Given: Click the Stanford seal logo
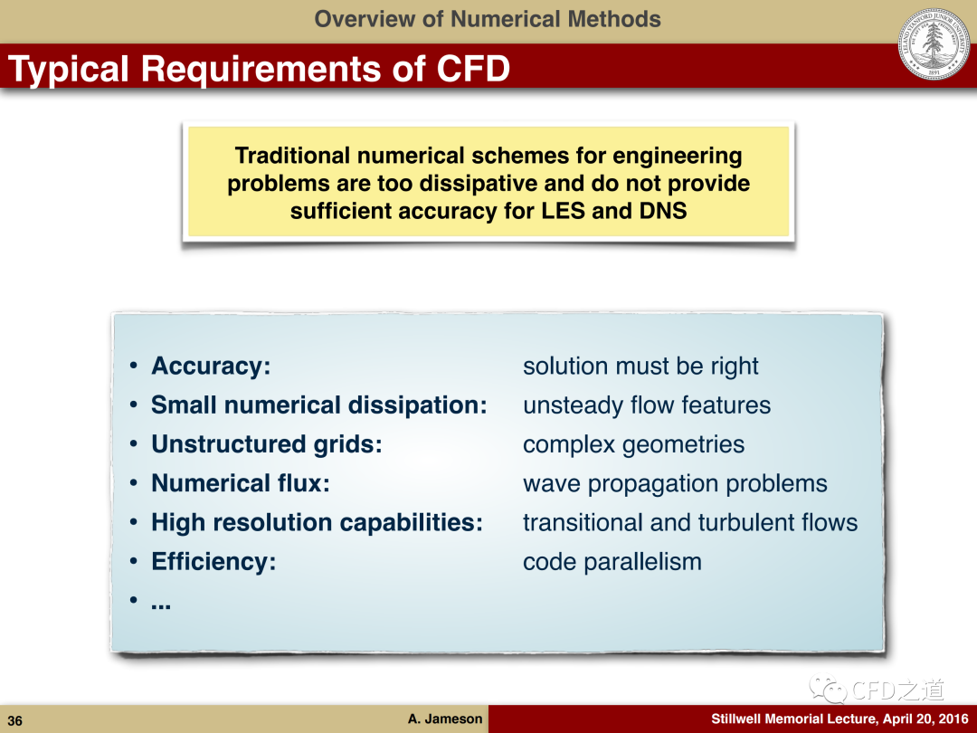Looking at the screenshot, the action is point(934,44).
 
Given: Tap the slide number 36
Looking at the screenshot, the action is point(15,721).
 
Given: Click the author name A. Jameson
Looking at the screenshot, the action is point(445,719).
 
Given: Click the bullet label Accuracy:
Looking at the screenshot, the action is point(211,366).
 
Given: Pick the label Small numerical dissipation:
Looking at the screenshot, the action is point(319,405).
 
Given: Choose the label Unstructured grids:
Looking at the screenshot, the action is point(267,444).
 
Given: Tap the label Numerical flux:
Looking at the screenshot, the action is point(241,483).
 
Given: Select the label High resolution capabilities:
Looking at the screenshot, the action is point(318,523).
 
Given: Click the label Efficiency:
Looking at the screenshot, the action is point(213,562).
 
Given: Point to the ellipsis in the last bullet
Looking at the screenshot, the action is point(161,604).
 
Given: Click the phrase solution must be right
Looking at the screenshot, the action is point(640,366).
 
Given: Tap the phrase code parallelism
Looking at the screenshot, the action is point(612,562).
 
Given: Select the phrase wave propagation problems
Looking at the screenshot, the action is point(676,484).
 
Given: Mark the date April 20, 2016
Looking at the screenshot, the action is point(925,719).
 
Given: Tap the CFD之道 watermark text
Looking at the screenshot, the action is point(897,690).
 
